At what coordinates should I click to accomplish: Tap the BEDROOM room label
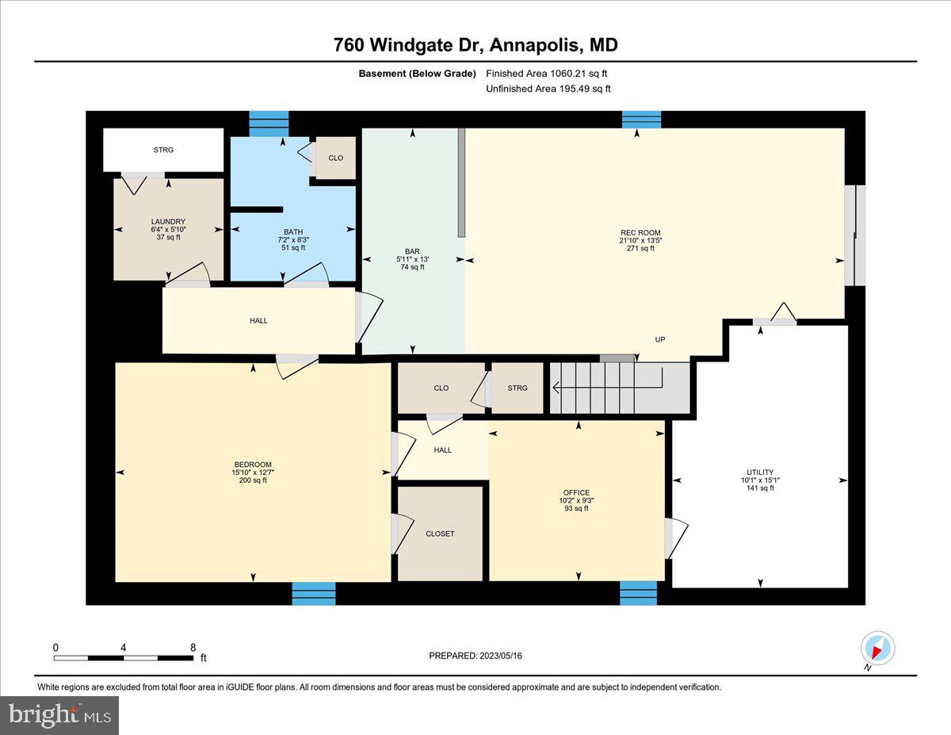tap(253, 465)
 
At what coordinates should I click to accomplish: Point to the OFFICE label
tap(575, 492)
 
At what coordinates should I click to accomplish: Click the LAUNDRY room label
tap(168, 221)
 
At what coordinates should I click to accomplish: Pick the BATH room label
tap(293, 232)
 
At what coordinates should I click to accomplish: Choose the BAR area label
tap(412, 251)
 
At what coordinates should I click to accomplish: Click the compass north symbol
tap(877, 648)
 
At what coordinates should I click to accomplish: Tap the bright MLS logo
tap(60, 715)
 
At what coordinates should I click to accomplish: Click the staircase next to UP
tap(618, 389)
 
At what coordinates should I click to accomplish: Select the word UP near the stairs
tap(659, 339)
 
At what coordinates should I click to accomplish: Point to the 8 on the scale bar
tap(193, 647)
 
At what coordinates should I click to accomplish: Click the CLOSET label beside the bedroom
tap(440, 534)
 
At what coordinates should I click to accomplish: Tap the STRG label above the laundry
tap(163, 150)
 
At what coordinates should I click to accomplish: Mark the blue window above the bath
tap(269, 124)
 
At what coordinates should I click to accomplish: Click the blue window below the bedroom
tap(313, 593)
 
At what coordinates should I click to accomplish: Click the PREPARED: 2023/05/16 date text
tap(475, 656)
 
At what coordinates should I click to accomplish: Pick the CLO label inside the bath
tap(335, 158)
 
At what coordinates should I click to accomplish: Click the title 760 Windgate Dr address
tap(475, 45)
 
